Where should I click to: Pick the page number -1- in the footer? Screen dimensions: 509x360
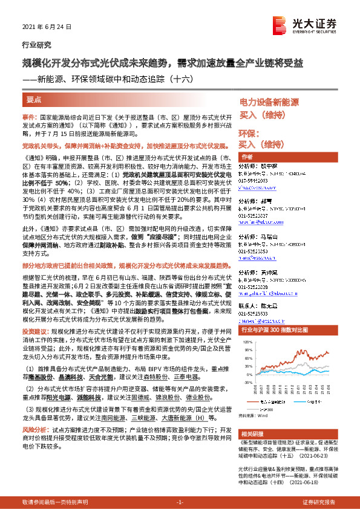point(179,503)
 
